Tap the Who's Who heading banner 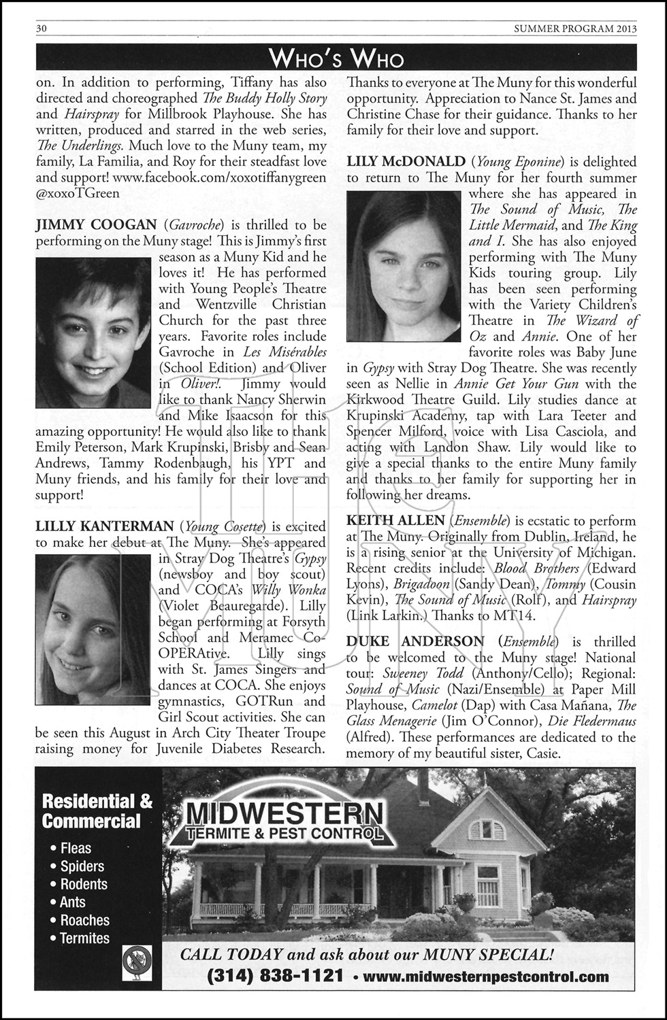click(336, 59)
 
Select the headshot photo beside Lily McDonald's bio click(404, 266)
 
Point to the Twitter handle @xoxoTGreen click(78, 193)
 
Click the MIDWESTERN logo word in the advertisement click(284, 812)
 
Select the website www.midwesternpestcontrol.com click(486, 977)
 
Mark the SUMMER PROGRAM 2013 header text click(575, 29)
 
